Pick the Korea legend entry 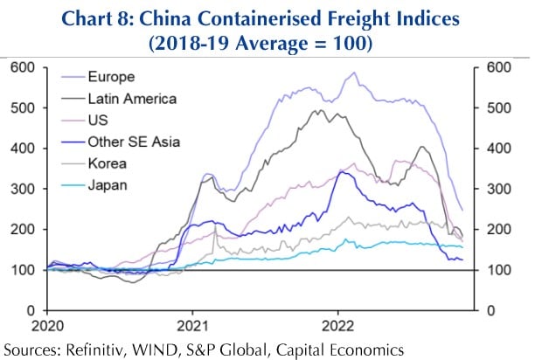pos(104,163)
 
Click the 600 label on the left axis pos(24,67)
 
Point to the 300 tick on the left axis pos(24,189)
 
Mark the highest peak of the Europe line pos(353,73)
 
